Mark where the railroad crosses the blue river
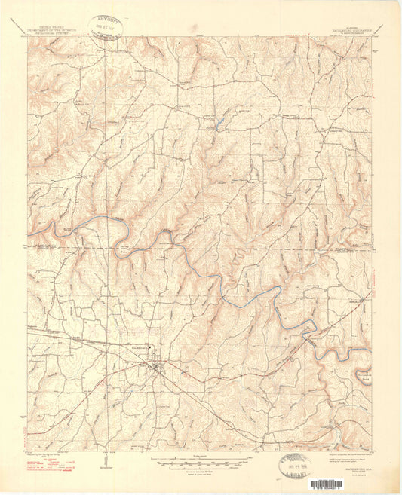pos(308,338)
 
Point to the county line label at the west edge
pos(41,244)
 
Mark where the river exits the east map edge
pos(371,350)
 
